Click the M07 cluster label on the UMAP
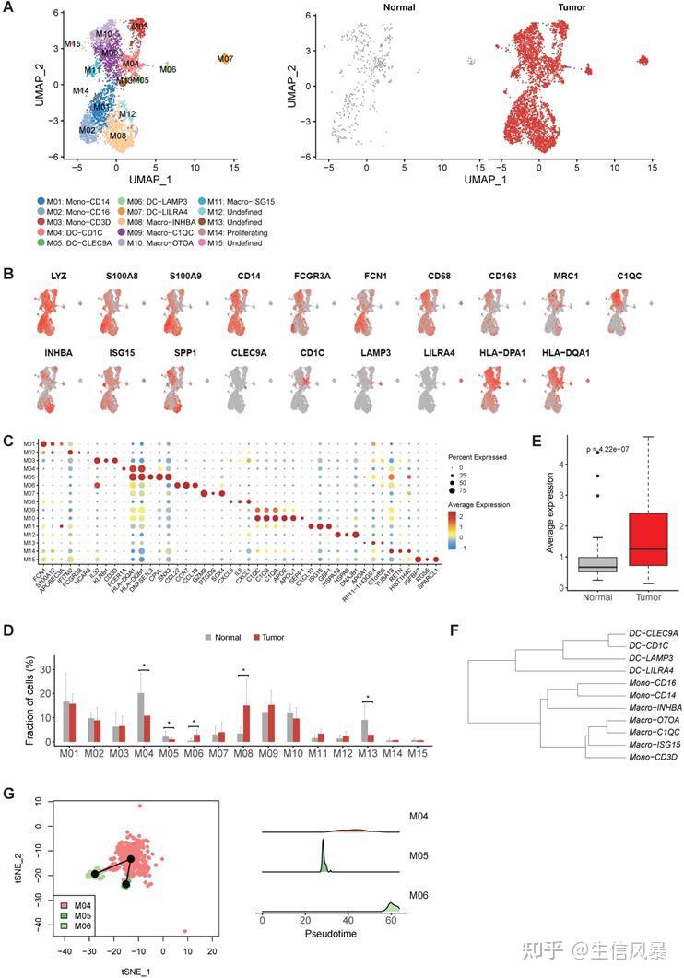coord(225,59)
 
